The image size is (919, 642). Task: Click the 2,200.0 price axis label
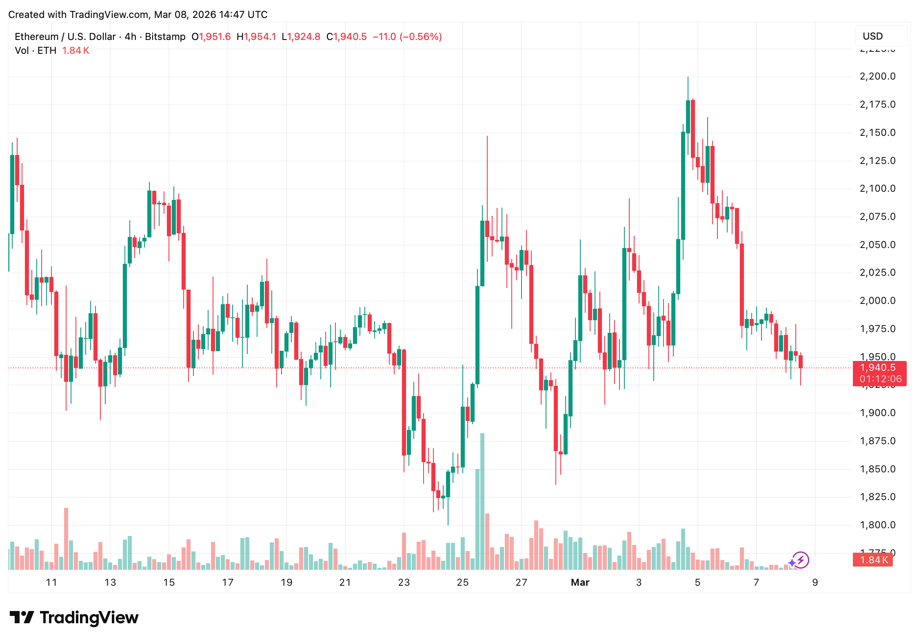[877, 76]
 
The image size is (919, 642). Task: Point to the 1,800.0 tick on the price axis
[877, 525]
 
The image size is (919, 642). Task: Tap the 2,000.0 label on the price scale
[877, 301]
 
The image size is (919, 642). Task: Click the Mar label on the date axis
[580, 582]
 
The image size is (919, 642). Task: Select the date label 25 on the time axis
[462, 582]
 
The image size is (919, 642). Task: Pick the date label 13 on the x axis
[110, 582]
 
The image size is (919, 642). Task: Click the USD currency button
[881, 36]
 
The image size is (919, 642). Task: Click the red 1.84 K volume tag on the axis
[873, 560]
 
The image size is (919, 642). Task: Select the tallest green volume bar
[482, 502]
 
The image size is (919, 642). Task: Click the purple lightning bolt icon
[801, 560]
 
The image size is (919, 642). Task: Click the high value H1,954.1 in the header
[256, 37]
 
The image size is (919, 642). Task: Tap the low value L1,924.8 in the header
[301, 37]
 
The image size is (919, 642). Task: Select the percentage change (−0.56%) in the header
[421, 37]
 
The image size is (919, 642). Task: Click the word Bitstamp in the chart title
[165, 37]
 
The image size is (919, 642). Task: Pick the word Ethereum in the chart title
[37, 37]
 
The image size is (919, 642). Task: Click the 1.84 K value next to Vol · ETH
[75, 51]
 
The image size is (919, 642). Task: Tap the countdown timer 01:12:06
[880, 379]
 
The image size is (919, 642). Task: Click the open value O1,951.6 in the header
[211, 37]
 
